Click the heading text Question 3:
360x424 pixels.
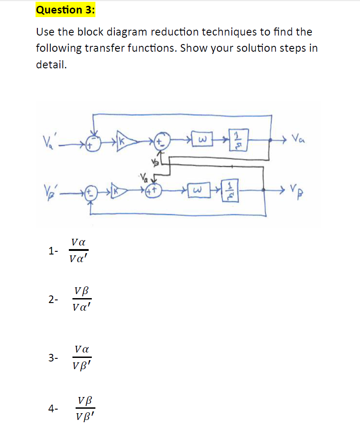65,9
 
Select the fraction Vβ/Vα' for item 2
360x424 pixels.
81,299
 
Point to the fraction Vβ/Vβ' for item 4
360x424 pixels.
85,408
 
